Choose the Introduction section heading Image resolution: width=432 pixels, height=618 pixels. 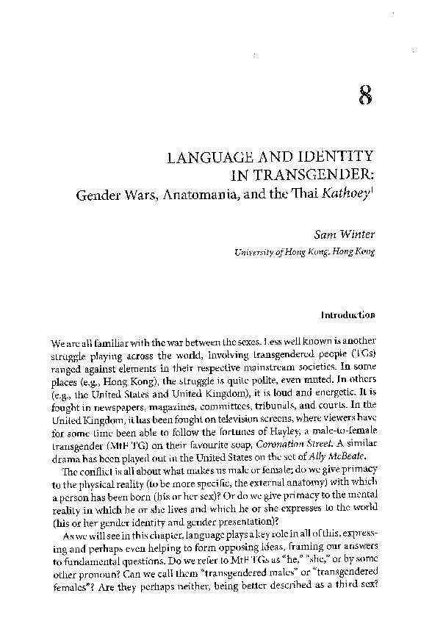348,315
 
